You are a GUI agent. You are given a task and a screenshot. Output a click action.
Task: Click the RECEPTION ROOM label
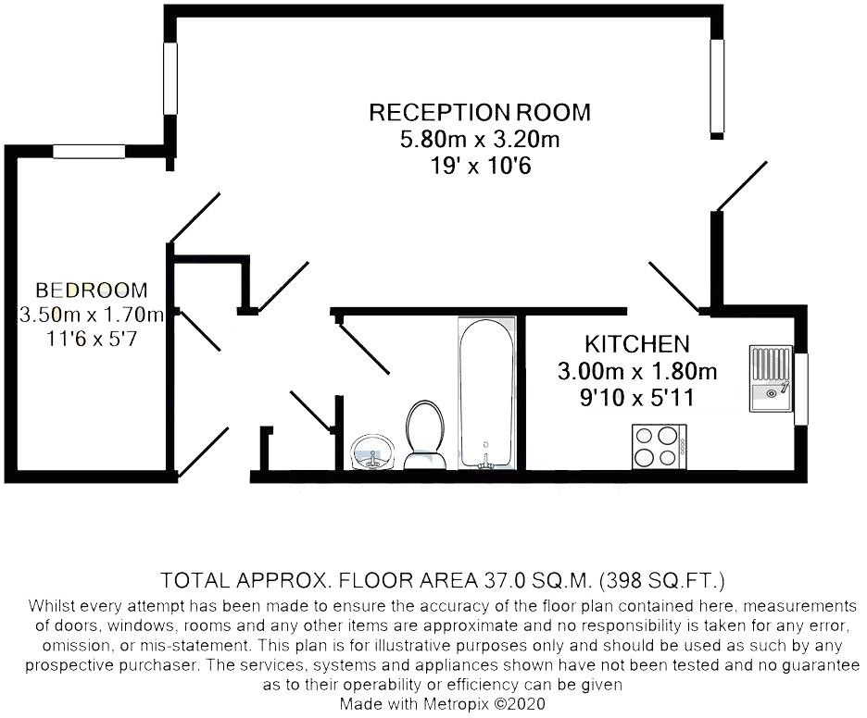(480, 112)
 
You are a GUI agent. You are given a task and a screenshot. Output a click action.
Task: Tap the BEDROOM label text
(92, 290)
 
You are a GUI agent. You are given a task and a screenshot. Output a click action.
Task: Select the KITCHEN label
(637, 344)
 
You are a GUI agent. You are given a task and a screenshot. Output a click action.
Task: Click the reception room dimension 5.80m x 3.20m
(480, 139)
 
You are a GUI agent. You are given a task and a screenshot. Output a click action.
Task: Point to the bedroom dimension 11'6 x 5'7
(92, 338)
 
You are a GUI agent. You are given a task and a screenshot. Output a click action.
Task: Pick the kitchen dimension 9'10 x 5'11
(637, 397)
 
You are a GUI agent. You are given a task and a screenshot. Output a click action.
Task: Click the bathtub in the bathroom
(486, 393)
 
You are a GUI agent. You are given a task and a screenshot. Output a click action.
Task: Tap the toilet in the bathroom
(424, 434)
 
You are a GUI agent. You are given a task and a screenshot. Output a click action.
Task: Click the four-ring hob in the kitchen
(660, 447)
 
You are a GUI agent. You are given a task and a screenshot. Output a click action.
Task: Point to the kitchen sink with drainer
(771, 378)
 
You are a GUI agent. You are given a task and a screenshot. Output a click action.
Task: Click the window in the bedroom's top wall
(89, 151)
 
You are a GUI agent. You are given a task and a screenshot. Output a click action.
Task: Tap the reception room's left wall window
(170, 79)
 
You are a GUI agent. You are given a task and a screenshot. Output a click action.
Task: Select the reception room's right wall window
(717, 86)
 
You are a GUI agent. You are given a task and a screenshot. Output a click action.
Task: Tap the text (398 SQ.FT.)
(662, 580)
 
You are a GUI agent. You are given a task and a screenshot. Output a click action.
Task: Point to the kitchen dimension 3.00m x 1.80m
(637, 371)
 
